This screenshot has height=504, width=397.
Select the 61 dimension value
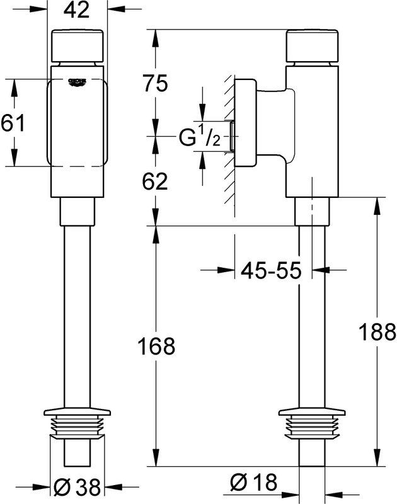click(x=13, y=123)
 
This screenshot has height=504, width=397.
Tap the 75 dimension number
click(x=156, y=83)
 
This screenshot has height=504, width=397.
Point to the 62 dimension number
click(x=155, y=181)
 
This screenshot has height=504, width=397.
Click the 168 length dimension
click(x=156, y=346)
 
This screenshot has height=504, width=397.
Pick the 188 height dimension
click(x=377, y=332)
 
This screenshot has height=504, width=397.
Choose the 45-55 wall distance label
click(x=272, y=270)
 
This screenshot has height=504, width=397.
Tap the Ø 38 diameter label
click(x=77, y=486)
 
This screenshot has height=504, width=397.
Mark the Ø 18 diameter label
click(x=253, y=483)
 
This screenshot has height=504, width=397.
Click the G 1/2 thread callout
click(x=199, y=135)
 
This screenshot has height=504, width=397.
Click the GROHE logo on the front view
click(x=78, y=82)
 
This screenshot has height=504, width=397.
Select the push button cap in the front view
click(x=78, y=45)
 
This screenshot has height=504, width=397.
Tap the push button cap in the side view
click(x=313, y=45)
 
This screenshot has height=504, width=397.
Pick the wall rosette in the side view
click(x=246, y=123)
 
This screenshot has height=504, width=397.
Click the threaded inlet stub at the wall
click(x=232, y=135)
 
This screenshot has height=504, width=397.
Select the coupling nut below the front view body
click(x=78, y=212)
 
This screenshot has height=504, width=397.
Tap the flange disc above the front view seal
click(x=77, y=411)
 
